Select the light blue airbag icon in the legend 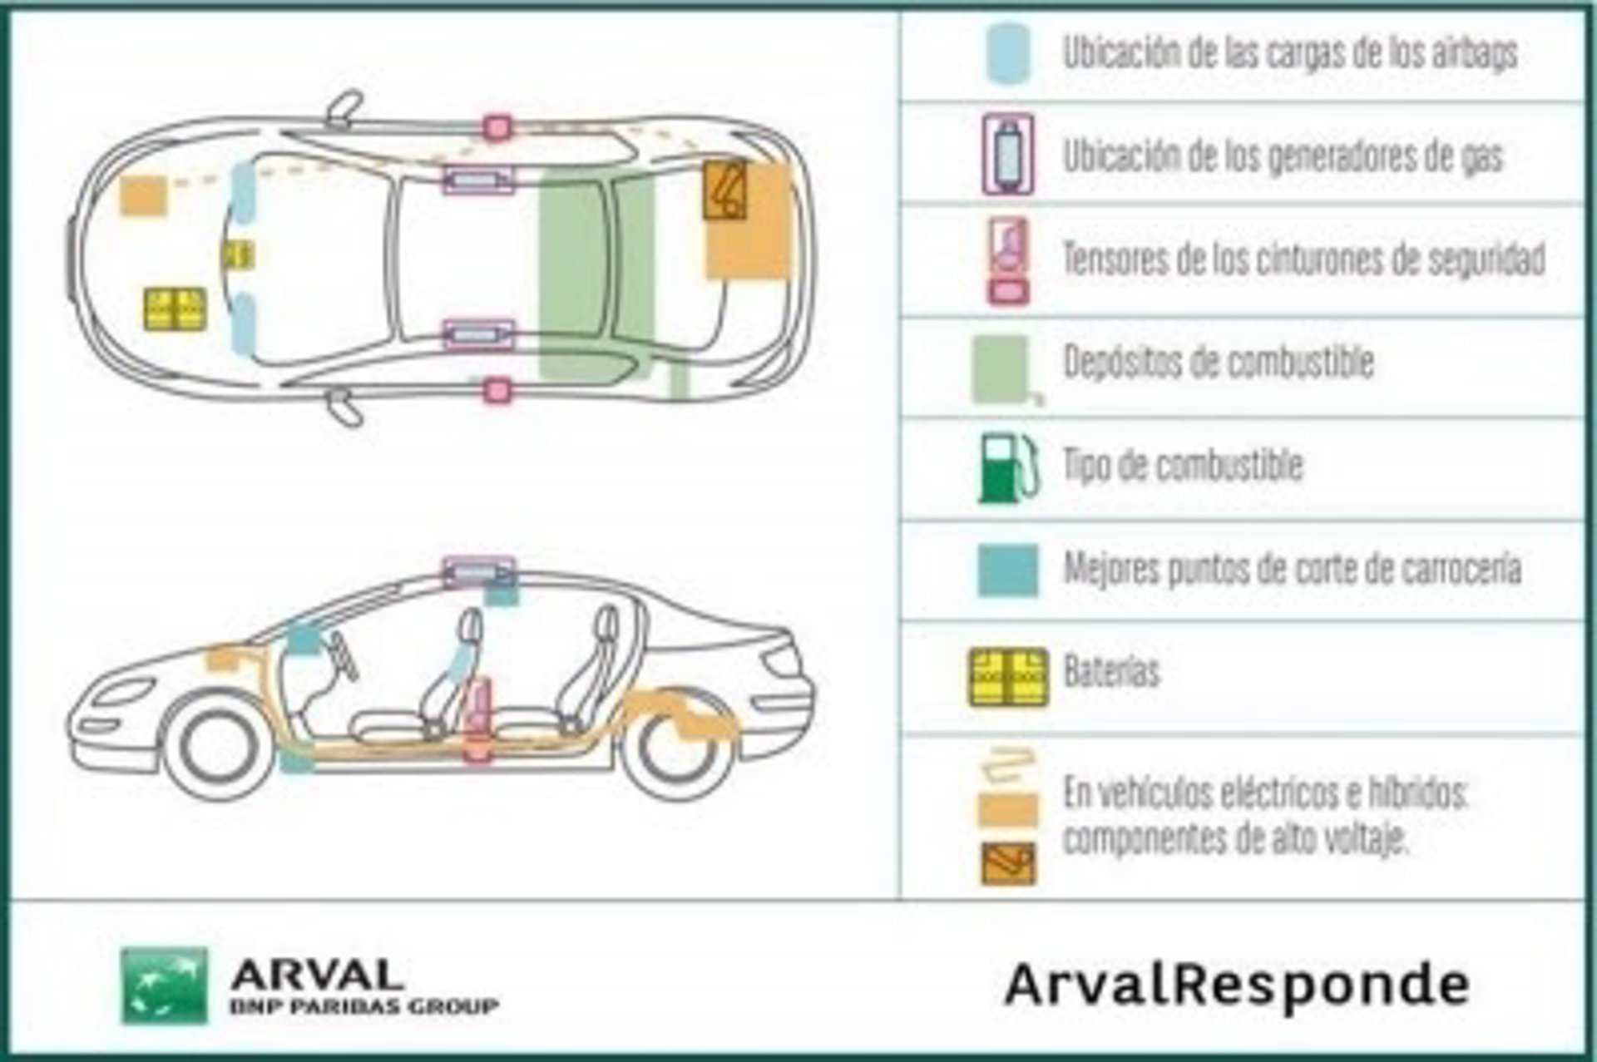(x=1008, y=52)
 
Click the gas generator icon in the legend (x=1008, y=155)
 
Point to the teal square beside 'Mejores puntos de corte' (x=1008, y=571)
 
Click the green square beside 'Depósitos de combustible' (x=1001, y=368)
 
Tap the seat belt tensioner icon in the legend (x=1009, y=261)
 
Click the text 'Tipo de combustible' (x=1183, y=465)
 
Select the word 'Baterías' (x=1111, y=671)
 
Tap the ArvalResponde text (x=1237, y=985)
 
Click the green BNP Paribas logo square (x=164, y=985)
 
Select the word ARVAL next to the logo (x=317, y=974)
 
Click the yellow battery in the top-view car (x=175, y=309)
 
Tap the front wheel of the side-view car (x=219, y=747)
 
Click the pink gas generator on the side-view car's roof (x=479, y=572)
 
